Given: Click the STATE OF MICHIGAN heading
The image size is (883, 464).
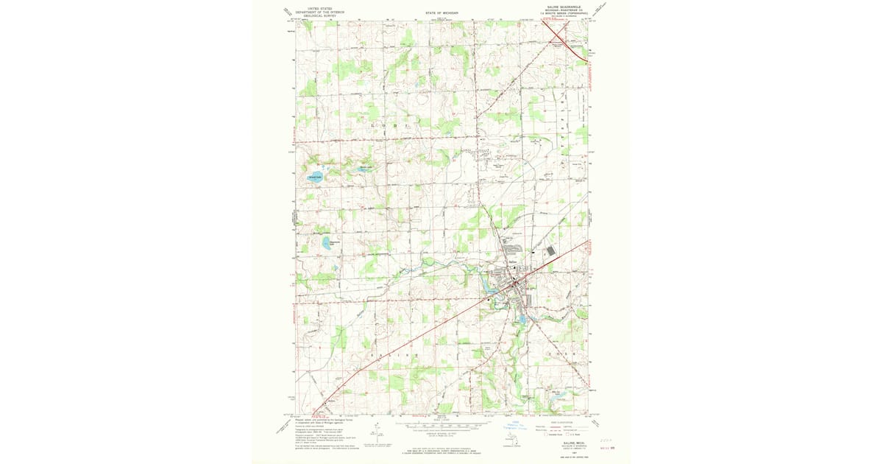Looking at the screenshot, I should coord(441,13).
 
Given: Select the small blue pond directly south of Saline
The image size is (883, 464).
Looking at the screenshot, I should coord(522,320).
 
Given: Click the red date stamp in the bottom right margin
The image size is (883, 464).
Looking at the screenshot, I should coord(606,446).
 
